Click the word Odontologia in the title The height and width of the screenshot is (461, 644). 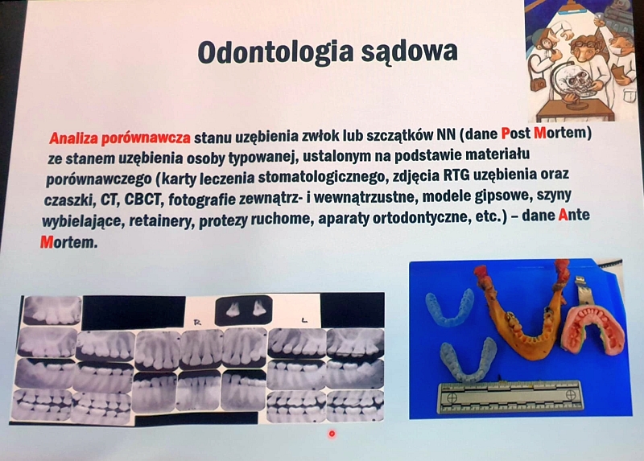tap(275, 52)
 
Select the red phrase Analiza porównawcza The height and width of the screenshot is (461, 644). tap(119, 138)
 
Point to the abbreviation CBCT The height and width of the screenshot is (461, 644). tap(142, 200)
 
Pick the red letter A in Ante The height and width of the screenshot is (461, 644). tap(563, 215)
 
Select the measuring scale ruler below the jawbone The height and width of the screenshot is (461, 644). tap(510, 397)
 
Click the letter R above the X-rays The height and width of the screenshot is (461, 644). tap(197, 323)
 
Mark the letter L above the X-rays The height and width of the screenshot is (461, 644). tap(304, 321)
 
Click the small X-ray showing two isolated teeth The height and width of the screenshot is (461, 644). tap(243, 310)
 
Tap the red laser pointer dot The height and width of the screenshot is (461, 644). tap(332, 434)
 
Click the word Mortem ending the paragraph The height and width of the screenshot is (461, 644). tap(68, 242)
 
